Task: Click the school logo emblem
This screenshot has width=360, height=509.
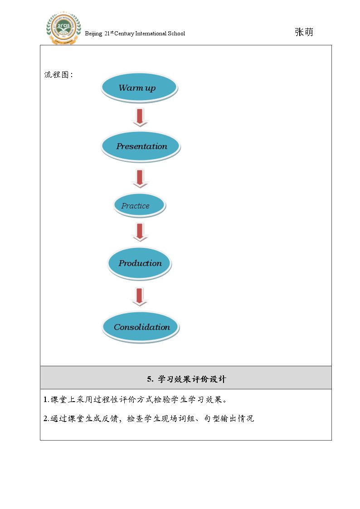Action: pos(63,28)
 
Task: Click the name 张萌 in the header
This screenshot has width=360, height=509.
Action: pos(304,32)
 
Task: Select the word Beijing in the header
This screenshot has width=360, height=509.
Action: pos(93,34)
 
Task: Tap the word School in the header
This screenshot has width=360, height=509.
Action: pos(176,34)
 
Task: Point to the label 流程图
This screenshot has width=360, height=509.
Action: pos(57,75)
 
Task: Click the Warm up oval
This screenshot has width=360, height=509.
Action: pos(139,87)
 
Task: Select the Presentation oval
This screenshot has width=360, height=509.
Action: pos(141,146)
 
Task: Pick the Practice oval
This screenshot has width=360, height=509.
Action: pos(140,205)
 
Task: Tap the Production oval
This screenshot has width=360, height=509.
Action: pos(140,263)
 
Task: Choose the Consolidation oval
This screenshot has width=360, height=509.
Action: pos(141,327)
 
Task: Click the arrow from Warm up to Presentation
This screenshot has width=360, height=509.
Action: pos(140,117)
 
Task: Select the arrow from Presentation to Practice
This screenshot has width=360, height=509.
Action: pos(140,179)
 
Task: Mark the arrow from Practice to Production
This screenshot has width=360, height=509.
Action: pos(140,233)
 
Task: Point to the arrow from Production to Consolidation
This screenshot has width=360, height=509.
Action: pos(140,297)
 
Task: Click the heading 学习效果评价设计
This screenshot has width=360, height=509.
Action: pos(191,379)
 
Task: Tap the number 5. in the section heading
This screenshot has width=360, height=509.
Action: pos(150,379)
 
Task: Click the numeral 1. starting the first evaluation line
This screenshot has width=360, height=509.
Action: pos(46,400)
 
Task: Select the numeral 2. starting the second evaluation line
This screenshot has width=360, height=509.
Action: pos(46,419)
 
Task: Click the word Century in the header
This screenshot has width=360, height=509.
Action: pos(124,34)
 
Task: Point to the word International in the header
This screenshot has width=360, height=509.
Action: pos(151,34)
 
